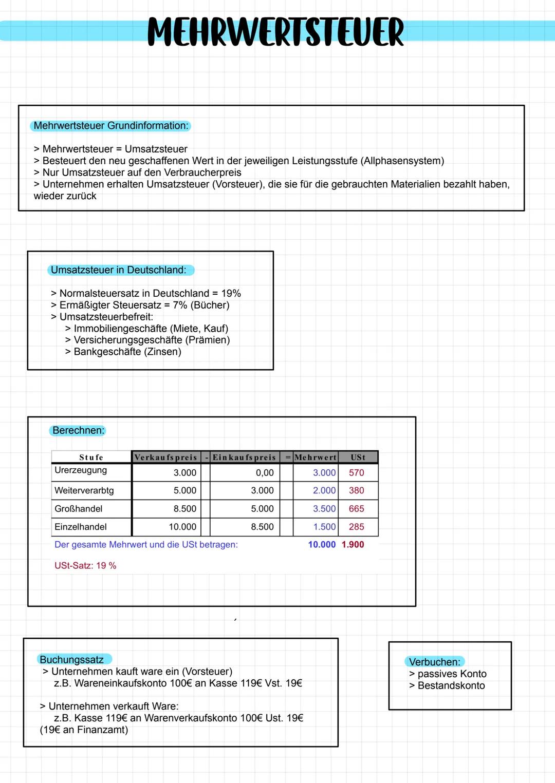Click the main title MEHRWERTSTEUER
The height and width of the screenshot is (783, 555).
276,32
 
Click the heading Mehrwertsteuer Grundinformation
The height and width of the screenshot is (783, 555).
111,126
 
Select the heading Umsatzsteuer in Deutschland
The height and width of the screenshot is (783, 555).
119,270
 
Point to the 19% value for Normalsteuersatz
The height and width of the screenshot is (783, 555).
231,293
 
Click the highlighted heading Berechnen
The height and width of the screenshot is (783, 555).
78,430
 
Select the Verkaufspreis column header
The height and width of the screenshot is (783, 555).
165,457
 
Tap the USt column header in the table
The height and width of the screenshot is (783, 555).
358,457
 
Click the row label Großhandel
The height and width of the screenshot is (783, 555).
78,509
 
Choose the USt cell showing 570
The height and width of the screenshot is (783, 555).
356,473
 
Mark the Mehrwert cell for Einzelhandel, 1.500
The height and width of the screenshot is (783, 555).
324,527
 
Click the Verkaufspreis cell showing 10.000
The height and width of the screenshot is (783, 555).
182,527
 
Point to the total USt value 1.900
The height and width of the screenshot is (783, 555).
353,545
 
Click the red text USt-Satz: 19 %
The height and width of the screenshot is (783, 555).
85,566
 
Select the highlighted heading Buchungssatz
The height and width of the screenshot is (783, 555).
71,660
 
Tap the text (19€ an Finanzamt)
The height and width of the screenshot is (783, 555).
84,730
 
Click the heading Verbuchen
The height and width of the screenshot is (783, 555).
435,662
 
